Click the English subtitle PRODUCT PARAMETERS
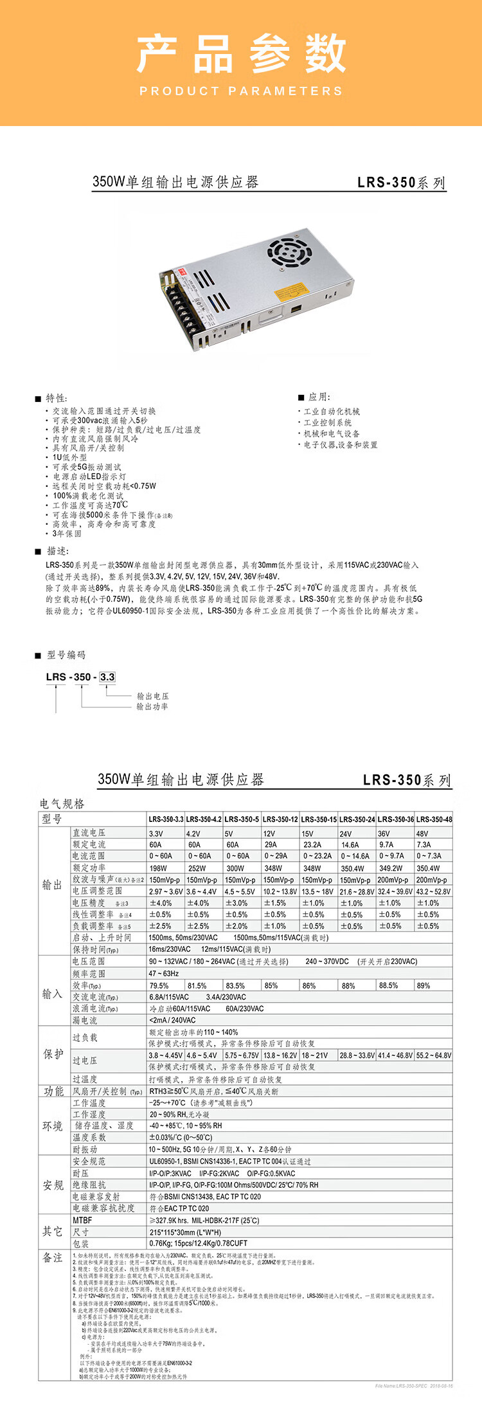241,91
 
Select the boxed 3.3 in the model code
107,677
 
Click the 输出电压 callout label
152,696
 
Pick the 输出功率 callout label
152,706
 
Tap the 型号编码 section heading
66,655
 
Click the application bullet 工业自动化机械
332,411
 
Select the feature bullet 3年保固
67,533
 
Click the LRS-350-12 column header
280,819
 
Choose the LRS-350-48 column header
434,819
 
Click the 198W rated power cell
158,868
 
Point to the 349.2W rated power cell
391,868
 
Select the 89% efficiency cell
424,985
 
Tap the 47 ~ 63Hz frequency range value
164,974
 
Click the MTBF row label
82,1220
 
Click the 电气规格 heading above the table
62,804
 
